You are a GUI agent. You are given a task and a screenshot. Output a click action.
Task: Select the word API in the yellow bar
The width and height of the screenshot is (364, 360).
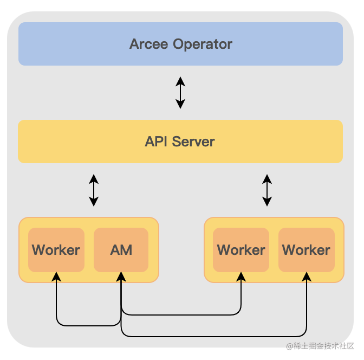pyautogui.click(x=157, y=142)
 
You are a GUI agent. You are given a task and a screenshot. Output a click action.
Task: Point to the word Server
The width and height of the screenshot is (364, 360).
pyautogui.click(x=193, y=142)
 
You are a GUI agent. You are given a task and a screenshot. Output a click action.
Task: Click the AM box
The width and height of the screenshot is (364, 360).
pyautogui.click(x=121, y=250)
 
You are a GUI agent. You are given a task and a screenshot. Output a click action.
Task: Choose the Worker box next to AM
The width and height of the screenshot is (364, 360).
pyautogui.click(x=56, y=250)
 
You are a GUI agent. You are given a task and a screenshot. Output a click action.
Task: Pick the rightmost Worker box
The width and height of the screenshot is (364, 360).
pyautogui.click(x=306, y=250)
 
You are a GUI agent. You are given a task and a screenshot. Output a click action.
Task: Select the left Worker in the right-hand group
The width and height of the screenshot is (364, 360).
pyautogui.click(x=241, y=250)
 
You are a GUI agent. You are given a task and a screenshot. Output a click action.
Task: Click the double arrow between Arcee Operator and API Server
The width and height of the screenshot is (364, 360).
pyautogui.click(x=180, y=92)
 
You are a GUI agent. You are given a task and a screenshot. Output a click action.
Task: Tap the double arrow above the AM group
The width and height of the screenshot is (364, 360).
pyautogui.click(x=94, y=190)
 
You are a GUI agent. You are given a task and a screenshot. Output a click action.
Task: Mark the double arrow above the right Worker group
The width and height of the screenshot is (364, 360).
pyautogui.click(x=266, y=190)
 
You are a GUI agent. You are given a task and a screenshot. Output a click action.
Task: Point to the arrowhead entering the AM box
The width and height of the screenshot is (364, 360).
pyautogui.click(x=121, y=277)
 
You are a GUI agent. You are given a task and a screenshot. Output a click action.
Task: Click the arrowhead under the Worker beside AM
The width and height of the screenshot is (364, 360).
pyautogui.click(x=56, y=277)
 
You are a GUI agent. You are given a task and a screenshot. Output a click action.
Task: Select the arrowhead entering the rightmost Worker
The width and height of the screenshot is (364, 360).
pyautogui.click(x=307, y=277)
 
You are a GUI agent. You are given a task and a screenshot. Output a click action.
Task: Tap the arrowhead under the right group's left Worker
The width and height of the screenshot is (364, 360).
pyautogui.click(x=241, y=277)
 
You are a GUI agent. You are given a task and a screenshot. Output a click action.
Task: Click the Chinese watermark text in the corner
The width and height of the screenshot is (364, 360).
pyautogui.click(x=324, y=346)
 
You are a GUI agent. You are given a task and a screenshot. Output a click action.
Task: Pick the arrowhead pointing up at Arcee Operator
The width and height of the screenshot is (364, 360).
pyautogui.click(x=180, y=80)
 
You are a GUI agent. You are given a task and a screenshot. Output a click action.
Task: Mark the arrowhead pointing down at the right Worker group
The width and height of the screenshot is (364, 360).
pyautogui.click(x=266, y=202)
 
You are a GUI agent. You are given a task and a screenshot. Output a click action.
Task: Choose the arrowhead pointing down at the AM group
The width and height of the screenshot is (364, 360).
pyautogui.click(x=94, y=202)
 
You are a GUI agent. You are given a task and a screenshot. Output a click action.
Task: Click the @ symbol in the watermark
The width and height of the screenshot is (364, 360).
pyautogui.click(x=290, y=346)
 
